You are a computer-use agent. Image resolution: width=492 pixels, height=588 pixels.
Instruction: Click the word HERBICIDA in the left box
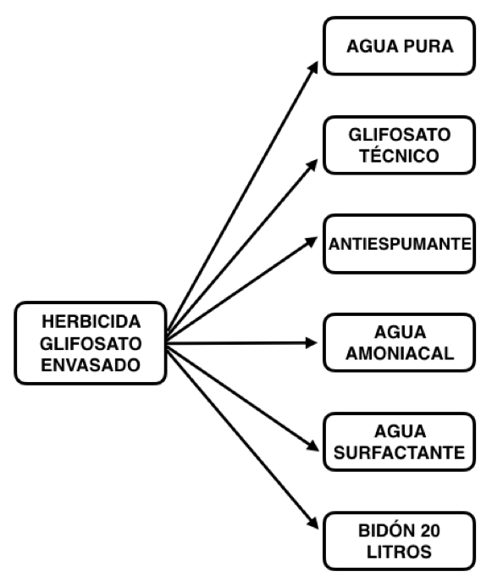(91, 321)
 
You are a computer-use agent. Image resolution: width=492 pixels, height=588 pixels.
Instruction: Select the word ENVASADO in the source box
(91, 365)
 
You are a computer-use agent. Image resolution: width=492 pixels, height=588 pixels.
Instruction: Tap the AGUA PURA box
(400, 46)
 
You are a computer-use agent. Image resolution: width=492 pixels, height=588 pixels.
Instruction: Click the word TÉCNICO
(400, 156)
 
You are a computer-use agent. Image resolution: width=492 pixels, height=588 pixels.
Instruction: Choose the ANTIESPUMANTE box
(400, 244)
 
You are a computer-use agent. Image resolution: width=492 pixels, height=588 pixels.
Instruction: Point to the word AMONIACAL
(400, 353)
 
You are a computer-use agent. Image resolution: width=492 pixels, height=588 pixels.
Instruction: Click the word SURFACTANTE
(400, 452)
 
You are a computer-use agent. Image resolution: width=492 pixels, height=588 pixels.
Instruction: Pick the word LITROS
(399, 552)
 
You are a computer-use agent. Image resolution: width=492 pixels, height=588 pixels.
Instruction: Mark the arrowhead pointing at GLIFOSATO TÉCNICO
(312, 165)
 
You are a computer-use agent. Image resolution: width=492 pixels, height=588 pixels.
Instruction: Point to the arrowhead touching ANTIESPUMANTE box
(312, 241)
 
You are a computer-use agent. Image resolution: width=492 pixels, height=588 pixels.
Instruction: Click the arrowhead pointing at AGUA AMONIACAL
(312, 343)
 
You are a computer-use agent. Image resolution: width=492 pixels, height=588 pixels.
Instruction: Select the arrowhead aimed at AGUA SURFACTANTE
(312, 446)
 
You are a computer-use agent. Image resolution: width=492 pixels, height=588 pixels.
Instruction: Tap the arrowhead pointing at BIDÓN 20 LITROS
(313, 523)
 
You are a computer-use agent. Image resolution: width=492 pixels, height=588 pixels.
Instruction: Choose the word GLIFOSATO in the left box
(91, 343)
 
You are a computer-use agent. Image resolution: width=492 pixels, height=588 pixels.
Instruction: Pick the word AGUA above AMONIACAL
(401, 332)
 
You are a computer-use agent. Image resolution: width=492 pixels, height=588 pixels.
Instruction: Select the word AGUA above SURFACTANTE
(401, 431)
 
